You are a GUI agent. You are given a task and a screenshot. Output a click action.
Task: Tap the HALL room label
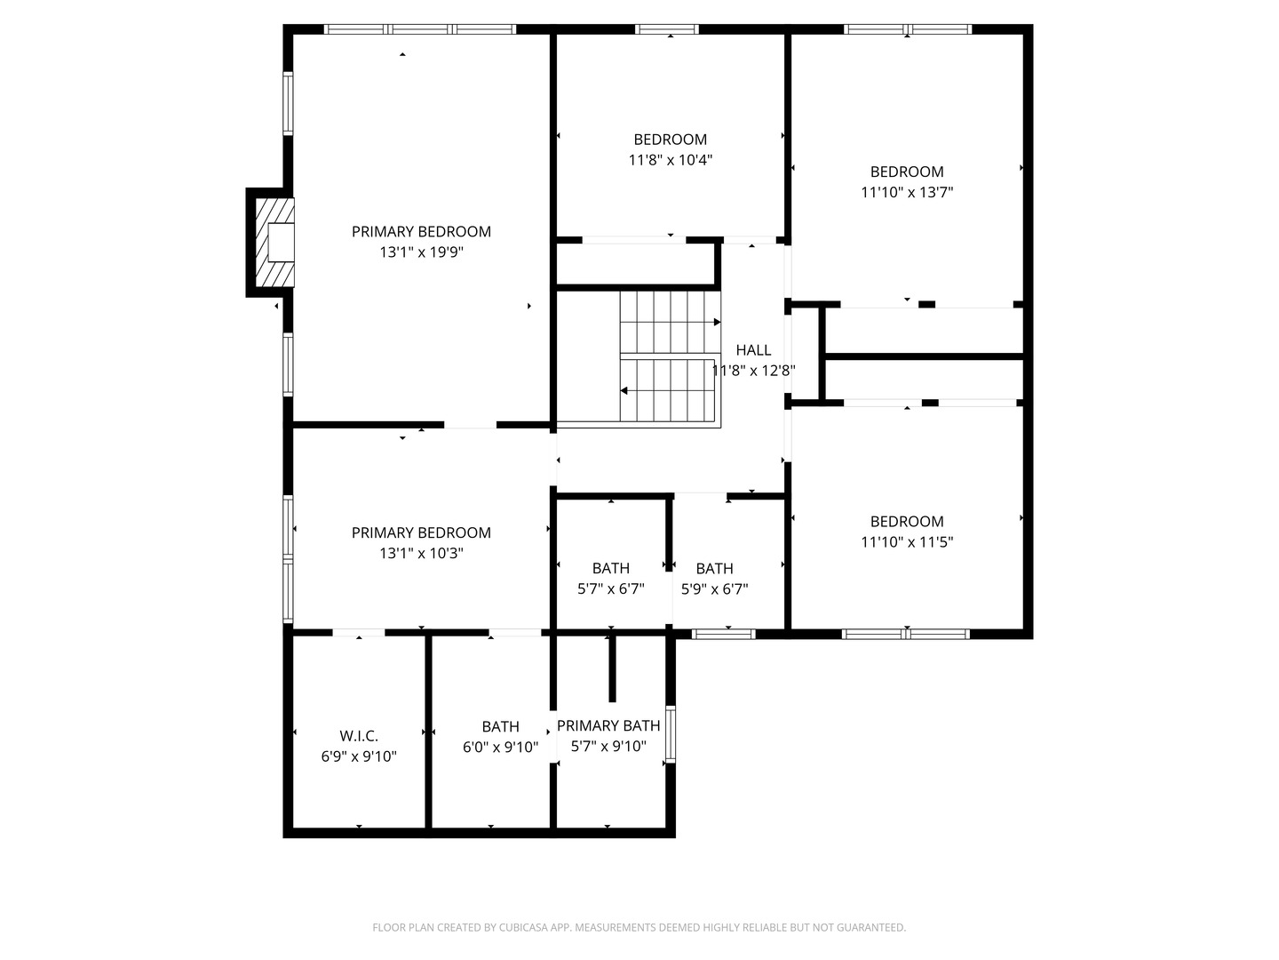753,350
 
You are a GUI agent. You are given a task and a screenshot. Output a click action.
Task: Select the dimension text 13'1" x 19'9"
422,252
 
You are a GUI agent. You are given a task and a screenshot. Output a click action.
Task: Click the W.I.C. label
359,736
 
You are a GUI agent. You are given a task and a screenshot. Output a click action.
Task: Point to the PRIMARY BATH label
608,725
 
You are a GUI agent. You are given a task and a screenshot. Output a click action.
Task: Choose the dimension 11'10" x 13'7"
907,192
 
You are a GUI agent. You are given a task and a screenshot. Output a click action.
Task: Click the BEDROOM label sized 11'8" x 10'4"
671,140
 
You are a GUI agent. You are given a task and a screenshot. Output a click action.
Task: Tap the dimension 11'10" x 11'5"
907,542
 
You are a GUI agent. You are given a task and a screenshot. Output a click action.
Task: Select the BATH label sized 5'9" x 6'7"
715,568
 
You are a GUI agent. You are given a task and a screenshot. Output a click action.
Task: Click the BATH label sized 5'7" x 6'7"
611,568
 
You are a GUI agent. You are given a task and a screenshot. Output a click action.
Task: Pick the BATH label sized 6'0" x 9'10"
501,726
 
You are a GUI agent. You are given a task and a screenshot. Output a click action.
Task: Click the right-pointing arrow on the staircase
716,322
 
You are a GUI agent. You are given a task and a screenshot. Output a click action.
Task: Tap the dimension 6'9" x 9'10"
359,757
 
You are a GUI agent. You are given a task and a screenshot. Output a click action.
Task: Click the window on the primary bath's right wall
671,734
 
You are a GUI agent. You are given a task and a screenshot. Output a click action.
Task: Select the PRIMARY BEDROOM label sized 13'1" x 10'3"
421,532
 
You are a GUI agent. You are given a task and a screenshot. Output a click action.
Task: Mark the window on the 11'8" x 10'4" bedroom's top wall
667,29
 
